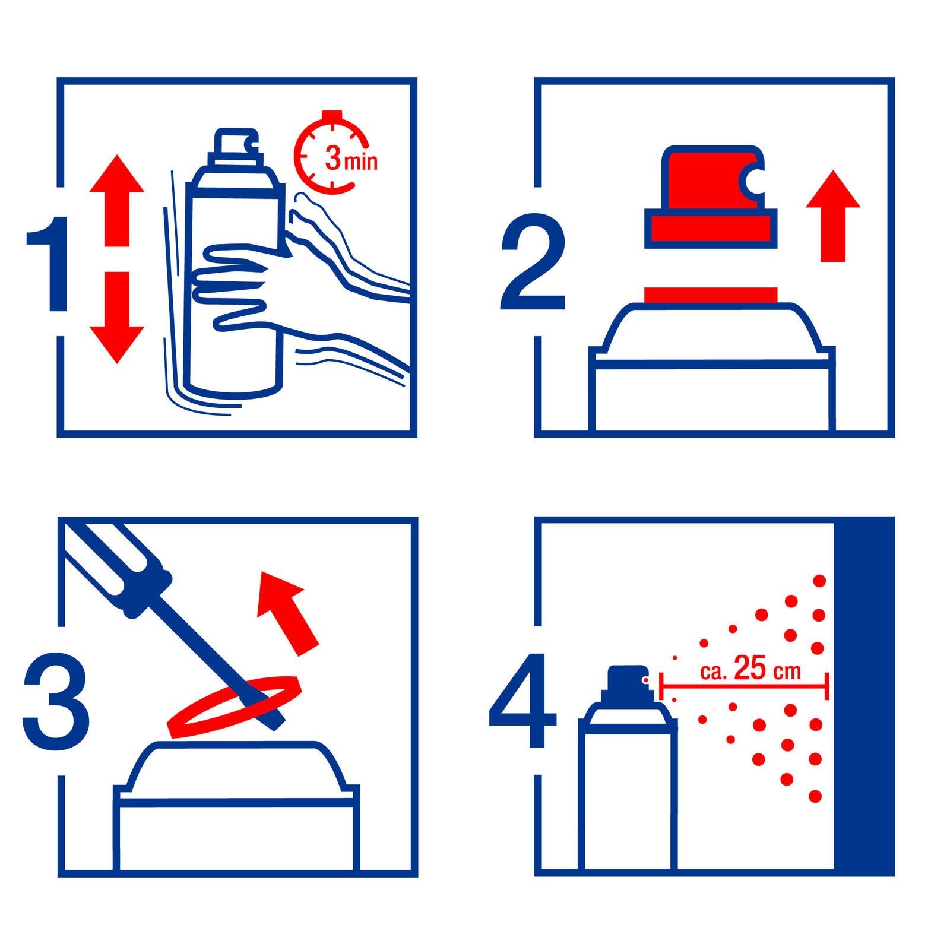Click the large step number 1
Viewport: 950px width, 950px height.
click(52, 264)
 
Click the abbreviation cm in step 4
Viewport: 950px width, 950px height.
click(787, 672)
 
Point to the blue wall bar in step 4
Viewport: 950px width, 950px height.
click(864, 695)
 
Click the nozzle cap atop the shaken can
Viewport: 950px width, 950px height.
click(236, 142)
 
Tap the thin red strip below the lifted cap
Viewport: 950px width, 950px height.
click(710, 294)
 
